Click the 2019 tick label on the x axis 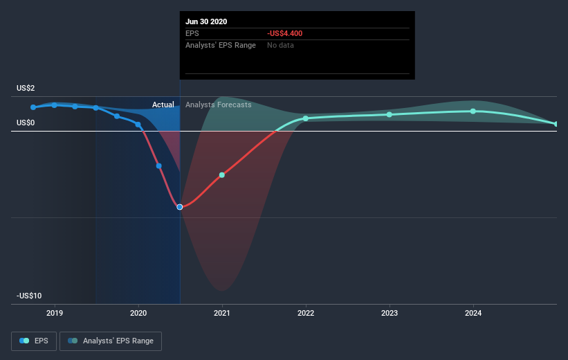tap(55, 313)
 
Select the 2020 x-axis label tap(138, 313)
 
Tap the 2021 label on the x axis tap(222, 313)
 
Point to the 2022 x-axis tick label tap(306, 313)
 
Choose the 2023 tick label tap(390, 313)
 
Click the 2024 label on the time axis tap(473, 313)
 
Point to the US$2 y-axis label tap(26, 88)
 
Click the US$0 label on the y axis tap(26, 123)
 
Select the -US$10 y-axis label tap(29, 296)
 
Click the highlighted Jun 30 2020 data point tap(180, 207)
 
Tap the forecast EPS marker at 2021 tap(222, 175)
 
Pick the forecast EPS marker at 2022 tap(306, 118)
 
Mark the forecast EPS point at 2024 tap(473, 111)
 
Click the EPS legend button tap(34, 341)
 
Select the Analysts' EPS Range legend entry tap(111, 341)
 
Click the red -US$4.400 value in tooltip tap(285, 33)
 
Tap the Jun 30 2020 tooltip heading tap(206, 21)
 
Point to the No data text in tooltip tap(280, 45)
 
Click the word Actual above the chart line tap(163, 105)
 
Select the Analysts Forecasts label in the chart tap(219, 105)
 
